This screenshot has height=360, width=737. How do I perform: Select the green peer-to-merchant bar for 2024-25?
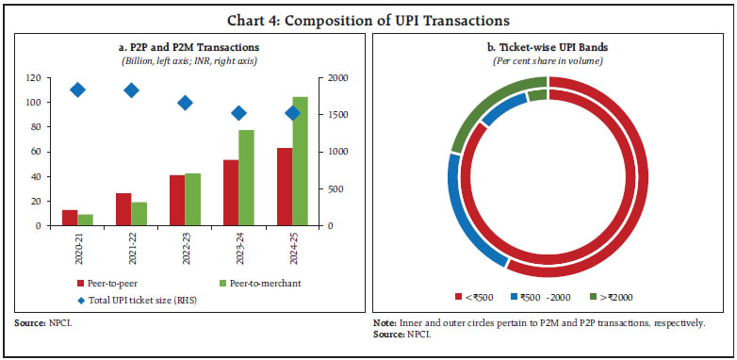[x=300, y=161]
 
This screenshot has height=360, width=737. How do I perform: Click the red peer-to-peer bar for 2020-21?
[x=70, y=218]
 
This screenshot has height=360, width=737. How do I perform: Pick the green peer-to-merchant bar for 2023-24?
[x=246, y=177]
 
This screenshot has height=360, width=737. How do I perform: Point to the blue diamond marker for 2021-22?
[x=132, y=90]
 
